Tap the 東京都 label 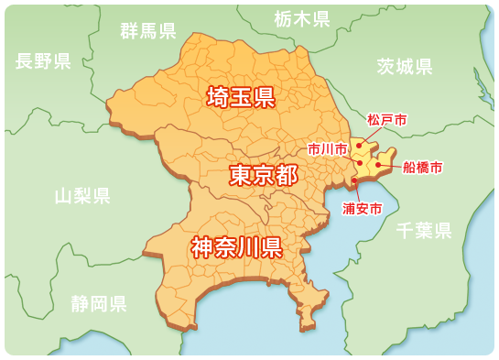click(263, 175)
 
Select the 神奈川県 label click(235, 247)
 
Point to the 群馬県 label click(148, 31)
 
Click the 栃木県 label click(302, 18)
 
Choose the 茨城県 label click(405, 66)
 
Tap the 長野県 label click(43, 61)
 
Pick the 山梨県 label click(82, 195)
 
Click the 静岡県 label click(99, 304)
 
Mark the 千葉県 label click(424, 230)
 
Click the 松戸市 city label click(386, 120)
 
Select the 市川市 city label click(327, 148)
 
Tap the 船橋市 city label click(423, 168)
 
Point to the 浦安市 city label click(362, 209)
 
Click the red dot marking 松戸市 click(360, 144)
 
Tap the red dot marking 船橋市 click(378, 165)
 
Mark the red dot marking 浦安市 click(354, 180)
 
